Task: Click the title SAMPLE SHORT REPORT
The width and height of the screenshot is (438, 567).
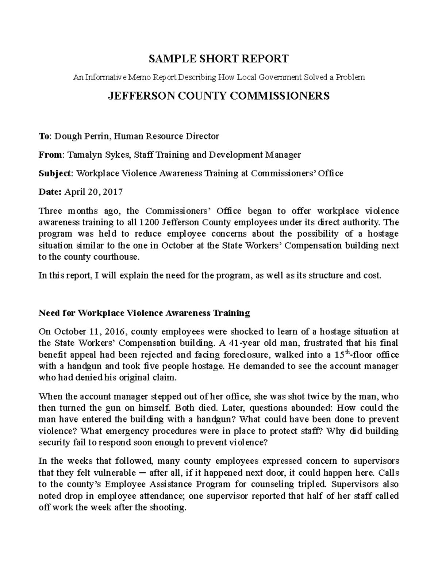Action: click(x=219, y=58)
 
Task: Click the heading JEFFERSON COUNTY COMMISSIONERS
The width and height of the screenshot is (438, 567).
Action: click(x=219, y=96)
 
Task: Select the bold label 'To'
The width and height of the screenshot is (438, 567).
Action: click(x=43, y=137)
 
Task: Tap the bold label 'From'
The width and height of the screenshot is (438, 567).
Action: click(x=50, y=155)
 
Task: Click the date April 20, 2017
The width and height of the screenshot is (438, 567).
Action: click(x=94, y=192)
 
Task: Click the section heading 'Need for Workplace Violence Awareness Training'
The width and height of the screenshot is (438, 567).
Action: click(x=144, y=313)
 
